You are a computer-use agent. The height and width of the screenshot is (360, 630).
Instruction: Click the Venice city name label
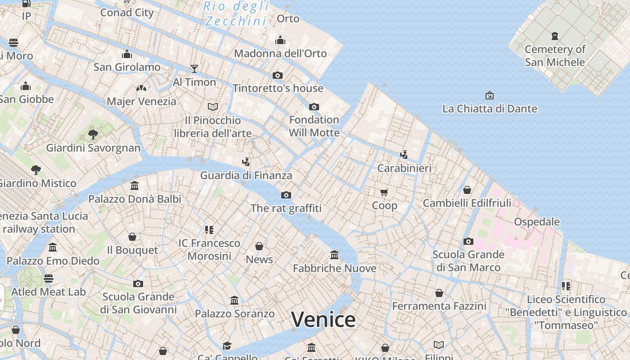(x=323, y=319)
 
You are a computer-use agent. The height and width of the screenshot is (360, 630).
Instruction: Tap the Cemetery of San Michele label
(x=555, y=55)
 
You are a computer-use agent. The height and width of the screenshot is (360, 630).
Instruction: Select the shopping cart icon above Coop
(x=384, y=193)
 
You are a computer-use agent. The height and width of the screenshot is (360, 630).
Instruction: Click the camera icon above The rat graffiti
(x=286, y=195)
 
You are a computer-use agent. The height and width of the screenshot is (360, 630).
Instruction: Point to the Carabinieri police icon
(x=404, y=155)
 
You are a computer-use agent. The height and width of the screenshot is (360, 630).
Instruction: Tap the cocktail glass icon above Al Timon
(x=194, y=69)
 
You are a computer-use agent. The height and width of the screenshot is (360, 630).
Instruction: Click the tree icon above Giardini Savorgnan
(x=93, y=134)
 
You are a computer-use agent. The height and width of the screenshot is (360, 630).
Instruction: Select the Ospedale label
(x=536, y=222)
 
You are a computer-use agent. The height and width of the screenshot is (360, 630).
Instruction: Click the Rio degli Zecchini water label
(x=236, y=13)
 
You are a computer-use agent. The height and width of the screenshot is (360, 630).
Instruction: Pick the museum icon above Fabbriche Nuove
(x=334, y=255)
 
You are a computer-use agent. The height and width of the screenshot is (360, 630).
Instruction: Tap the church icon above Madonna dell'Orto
(x=280, y=40)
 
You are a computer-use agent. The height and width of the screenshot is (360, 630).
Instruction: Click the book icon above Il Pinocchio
(x=213, y=107)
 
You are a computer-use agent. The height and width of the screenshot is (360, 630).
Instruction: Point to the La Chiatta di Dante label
(x=490, y=108)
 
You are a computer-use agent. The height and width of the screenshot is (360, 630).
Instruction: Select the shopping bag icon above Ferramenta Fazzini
(x=439, y=293)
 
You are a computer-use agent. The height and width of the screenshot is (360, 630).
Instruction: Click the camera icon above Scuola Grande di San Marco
(x=468, y=241)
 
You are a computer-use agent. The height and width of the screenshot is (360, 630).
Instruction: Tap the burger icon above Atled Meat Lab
(x=49, y=279)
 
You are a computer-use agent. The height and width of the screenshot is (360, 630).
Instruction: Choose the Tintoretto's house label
(x=278, y=88)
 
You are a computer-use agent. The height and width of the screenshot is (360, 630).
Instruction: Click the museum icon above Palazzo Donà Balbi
(x=134, y=185)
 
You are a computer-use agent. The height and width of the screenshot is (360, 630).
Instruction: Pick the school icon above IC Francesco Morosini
(x=209, y=230)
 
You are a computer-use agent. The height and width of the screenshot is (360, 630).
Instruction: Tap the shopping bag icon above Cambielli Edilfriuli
(x=467, y=190)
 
